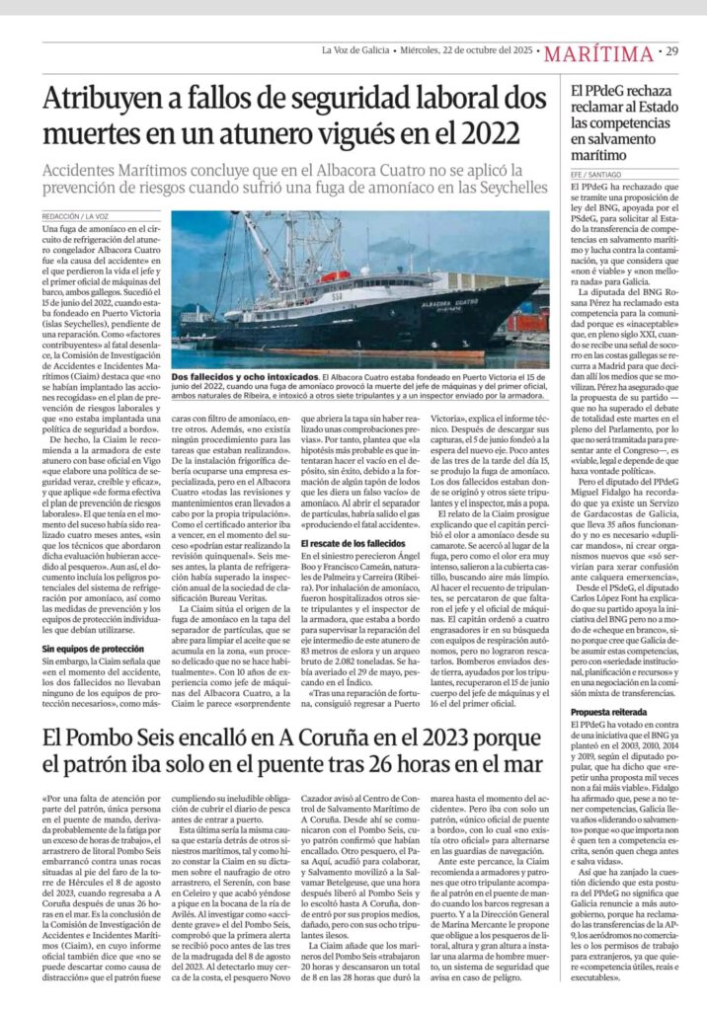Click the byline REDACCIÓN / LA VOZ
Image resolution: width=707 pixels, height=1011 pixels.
pyautogui.click(x=75, y=215)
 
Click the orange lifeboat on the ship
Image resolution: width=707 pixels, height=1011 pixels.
pyautogui.click(x=336, y=275)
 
